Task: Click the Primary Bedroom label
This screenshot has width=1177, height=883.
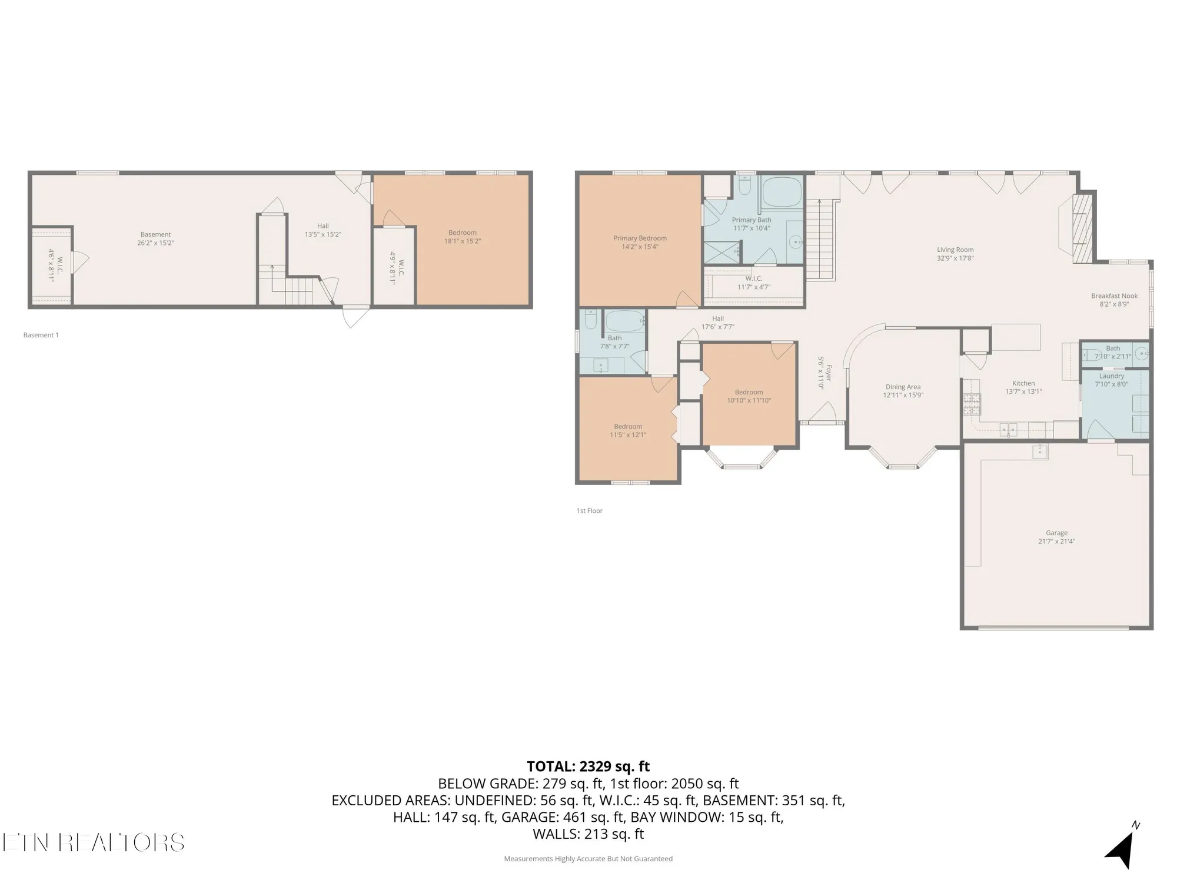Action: pos(640,238)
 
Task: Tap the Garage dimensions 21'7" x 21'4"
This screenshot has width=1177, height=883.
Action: pos(1056,542)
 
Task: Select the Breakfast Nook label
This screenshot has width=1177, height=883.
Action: pos(1114,296)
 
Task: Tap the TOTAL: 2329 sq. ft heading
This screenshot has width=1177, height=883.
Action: pos(588,766)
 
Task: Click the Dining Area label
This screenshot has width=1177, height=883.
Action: pos(903,387)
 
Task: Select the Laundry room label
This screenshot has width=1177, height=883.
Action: pos(1111,376)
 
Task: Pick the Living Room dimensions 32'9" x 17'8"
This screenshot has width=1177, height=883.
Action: pos(955,258)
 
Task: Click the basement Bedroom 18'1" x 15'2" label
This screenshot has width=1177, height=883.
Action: pos(463,237)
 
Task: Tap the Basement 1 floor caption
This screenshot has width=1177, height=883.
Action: pos(41,335)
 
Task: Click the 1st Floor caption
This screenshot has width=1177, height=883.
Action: pos(589,510)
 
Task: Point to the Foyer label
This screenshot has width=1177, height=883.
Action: pos(828,373)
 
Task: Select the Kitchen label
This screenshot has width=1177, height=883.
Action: pos(1023,383)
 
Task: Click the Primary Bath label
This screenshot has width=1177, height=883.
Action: pos(751,220)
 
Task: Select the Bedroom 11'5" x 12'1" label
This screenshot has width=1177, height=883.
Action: pos(628,427)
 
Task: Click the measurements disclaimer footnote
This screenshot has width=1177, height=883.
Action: pos(588,859)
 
